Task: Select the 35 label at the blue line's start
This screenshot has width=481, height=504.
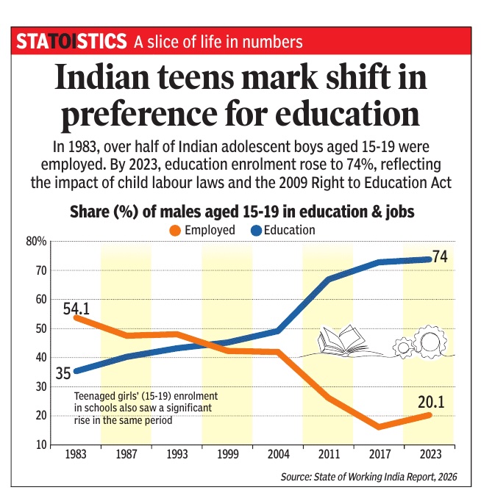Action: click(x=64, y=373)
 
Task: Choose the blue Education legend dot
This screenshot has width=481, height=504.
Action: click(x=257, y=230)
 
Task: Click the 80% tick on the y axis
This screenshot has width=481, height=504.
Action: click(x=38, y=241)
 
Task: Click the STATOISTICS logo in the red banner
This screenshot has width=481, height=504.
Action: click(x=71, y=42)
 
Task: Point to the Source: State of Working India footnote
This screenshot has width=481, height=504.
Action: click(x=368, y=478)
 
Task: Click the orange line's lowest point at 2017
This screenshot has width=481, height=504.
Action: click(x=379, y=427)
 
